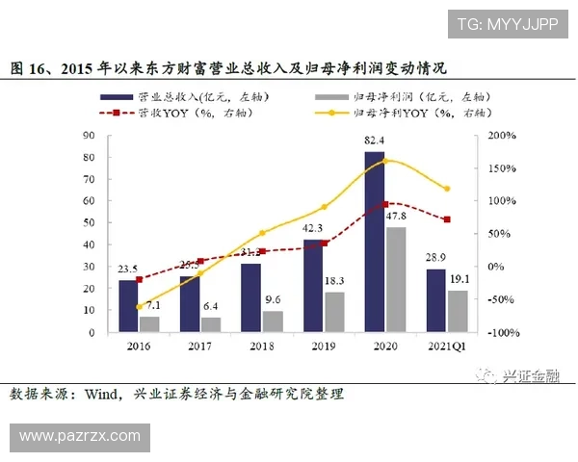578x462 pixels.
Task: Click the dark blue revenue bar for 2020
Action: click(374, 241)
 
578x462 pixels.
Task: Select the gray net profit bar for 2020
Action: click(395, 279)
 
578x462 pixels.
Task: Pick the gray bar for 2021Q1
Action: click(458, 311)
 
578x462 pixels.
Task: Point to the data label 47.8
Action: click(397, 218)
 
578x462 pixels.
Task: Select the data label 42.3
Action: click(313, 229)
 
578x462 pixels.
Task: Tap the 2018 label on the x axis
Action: click(259, 345)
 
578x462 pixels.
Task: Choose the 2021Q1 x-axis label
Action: click(447, 345)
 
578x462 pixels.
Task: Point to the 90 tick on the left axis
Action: click(90, 136)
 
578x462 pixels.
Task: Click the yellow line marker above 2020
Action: click(385, 161)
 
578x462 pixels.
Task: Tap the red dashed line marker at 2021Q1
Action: click(447, 219)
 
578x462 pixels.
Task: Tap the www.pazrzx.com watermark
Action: click(80, 436)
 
